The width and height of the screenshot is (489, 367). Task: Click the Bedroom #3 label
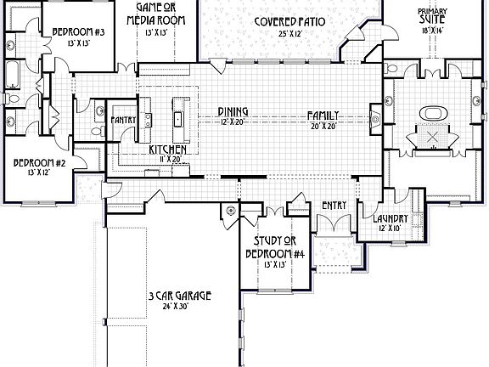tap(78, 32)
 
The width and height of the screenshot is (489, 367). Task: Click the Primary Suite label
tap(432, 15)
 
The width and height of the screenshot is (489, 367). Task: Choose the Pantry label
tap(124, 120)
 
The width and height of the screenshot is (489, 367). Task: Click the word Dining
tap(232, 111)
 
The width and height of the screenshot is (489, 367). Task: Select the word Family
tap(324, 115)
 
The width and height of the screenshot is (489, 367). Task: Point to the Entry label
tap(332, 205)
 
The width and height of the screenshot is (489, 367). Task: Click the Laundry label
tap(391, 219)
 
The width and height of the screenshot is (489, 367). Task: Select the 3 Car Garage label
tap(178, 296)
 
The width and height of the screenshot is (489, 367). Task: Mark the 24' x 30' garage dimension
tap(178, 307)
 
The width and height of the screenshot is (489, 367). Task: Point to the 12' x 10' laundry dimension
tap(391, 229)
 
